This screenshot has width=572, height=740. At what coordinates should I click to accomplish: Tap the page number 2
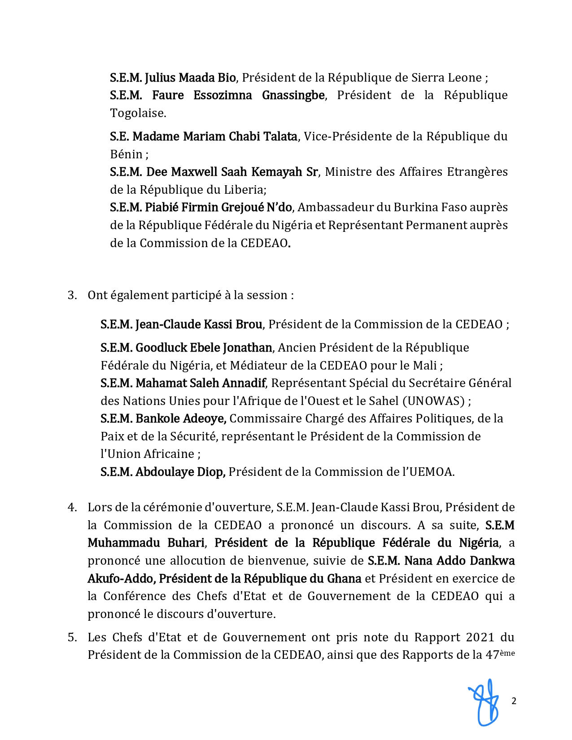(514, 701)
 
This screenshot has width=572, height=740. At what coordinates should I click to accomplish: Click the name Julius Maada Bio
(190, 78)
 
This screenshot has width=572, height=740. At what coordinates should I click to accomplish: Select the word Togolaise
(138, 113)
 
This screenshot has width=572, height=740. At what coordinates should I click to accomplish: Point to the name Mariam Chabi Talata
(215, 136)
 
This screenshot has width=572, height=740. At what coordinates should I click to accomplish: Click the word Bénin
(126, 154)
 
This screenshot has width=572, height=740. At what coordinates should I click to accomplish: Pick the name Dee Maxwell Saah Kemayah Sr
(232, 172)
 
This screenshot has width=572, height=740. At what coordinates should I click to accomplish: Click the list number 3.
(72, 295)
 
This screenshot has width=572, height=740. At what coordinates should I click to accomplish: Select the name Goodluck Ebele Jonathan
(204, 348)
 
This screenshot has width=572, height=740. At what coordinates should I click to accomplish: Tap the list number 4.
(72, 507)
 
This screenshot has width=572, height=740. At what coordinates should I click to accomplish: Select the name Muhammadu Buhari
(146, 543)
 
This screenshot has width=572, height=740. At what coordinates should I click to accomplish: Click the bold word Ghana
(344, 579)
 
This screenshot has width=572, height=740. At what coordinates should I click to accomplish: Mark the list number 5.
(72, 637)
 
